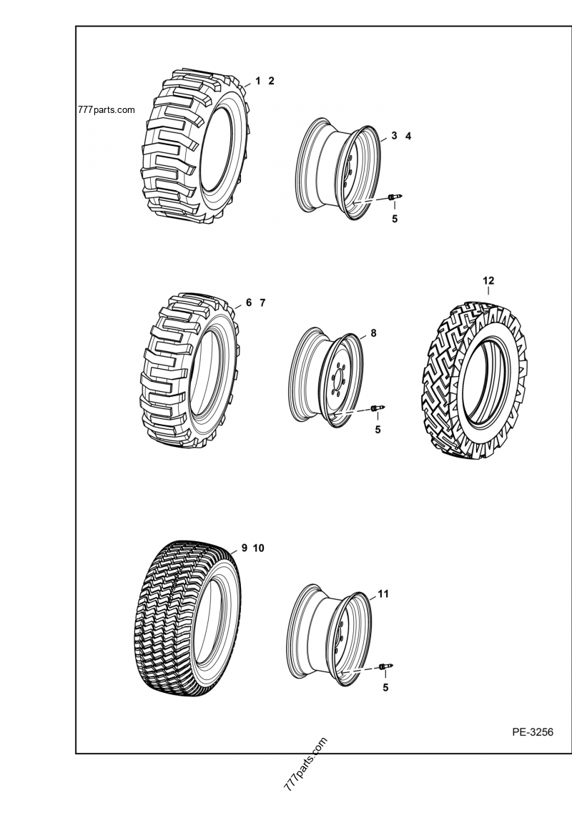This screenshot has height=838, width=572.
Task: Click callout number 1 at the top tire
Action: (257, 81)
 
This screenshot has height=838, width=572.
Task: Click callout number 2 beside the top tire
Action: (272, 81)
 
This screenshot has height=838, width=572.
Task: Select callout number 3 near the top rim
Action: (394, 136)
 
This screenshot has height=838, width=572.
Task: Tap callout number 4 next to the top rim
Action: (408, 136)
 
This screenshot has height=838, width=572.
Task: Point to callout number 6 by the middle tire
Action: (249, 302)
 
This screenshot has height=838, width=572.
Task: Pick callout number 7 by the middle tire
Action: (262, 302)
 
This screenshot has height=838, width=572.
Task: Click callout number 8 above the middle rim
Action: (373, 333)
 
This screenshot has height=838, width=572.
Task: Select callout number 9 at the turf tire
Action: (244, 548)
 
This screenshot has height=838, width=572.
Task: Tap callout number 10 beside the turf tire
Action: (258, 548)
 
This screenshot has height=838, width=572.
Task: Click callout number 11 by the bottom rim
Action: (383, 593)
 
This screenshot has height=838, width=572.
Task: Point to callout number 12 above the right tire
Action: (488, 281)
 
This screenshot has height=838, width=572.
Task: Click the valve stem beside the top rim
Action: (395, 197)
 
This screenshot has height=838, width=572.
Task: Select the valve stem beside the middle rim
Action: (378, 408)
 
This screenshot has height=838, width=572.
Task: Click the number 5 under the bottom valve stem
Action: (385, 688)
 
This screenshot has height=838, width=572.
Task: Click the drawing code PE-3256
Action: (532, 731)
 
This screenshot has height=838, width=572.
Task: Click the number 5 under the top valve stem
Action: (395, 219)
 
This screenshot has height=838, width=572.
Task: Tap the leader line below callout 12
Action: (488, 292)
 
